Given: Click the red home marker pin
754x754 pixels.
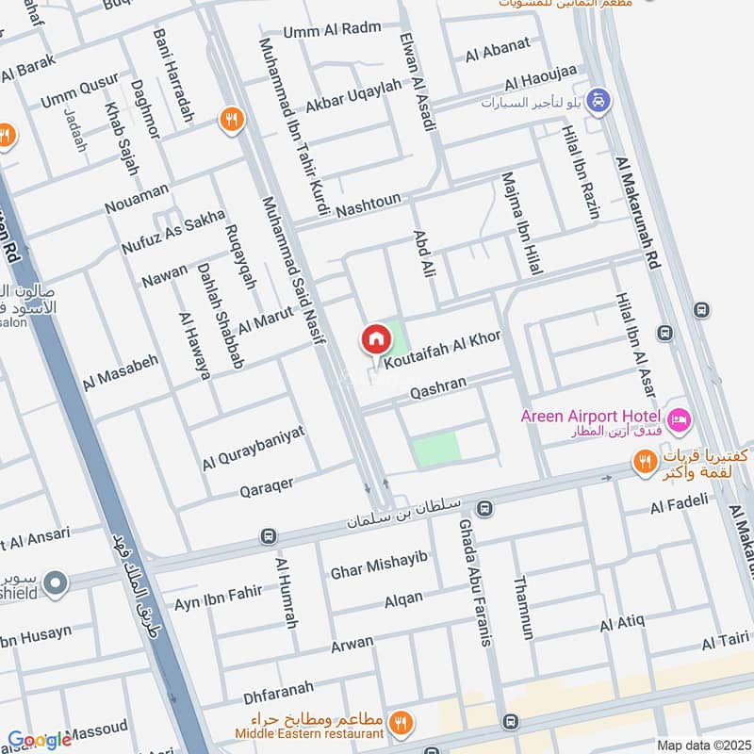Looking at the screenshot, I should pos(375,339).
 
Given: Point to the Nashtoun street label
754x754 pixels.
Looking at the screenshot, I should pos(369,200).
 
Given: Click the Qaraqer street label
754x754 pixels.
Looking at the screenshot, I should pos(267,484).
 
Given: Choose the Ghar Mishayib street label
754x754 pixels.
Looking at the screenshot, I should pos(379,564).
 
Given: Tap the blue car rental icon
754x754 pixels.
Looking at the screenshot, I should pos(597,99).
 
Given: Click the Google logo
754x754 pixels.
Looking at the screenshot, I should pos(40,740).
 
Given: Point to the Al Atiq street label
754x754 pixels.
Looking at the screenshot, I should pos(622,623).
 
